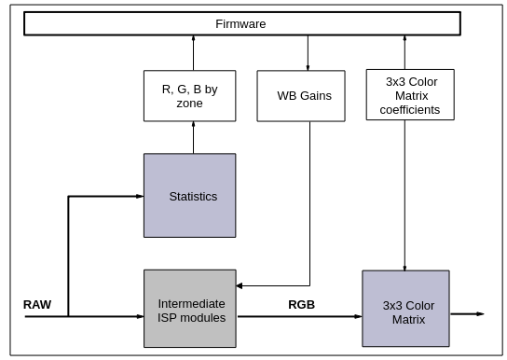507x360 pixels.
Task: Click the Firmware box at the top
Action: (x=242, y=23)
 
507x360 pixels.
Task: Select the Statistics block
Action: (x=190, y=195)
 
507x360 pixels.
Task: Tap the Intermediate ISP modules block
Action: (x=190, y=309)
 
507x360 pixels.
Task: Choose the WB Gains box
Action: (x=301, y=96)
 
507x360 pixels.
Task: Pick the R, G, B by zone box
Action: (x=190, y=96)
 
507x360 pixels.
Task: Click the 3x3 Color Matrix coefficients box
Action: (x=410, y=95)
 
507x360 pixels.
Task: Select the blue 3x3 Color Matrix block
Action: (x=405, y=309)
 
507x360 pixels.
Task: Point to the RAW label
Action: (x=37, y=305)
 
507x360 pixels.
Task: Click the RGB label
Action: (x=301, y=305)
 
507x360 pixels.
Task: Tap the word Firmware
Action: (x=240, y=24)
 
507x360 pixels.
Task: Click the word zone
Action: (x=189, y=104)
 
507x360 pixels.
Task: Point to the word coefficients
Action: (x=410, y=110)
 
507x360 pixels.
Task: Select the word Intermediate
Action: (x=191, y=304)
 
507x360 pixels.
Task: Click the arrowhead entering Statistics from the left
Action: (x=140, y=196)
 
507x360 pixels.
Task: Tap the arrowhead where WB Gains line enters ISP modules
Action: (x=240, y=285)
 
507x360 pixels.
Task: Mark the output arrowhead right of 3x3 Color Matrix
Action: (x=480, y=313)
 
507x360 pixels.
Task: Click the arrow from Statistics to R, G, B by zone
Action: (x=193, y=137)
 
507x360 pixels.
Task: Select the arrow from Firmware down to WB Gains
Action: (x=308, y=53)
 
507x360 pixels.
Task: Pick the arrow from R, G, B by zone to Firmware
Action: (x=193, y=53)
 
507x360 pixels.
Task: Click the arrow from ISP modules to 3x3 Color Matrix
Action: (x=300, y=316)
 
